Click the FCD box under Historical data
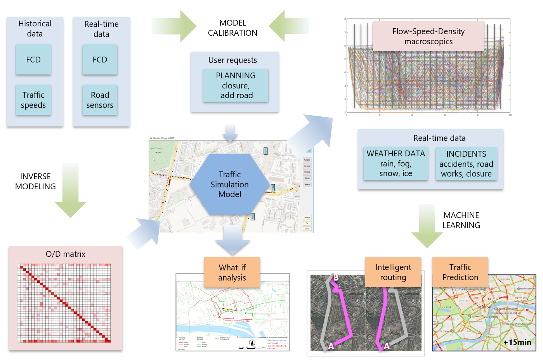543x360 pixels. click(x=33, y=60)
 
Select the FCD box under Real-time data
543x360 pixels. click(x=100, y=60)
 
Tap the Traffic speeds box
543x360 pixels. click(x=33, y=100)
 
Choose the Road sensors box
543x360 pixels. click(x=100, y=100)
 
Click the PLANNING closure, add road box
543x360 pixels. click(x=236, y=85)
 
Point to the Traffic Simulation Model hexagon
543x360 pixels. click(x=229, y=184)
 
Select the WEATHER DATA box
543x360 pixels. click(x=396, y=163)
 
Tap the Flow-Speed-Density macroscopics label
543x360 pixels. click(x=428, y=36)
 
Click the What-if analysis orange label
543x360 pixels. click(x=232, y=272)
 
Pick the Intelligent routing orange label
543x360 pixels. click(x=393, y=272)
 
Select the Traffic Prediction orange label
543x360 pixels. click(x=460, y=272)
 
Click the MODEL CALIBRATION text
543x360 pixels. click(x=232, y=28)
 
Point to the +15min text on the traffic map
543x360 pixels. click(x=517, y=342)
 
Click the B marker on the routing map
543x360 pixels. click(x=336, y=277)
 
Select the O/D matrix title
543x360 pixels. click(x=65, y=254)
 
